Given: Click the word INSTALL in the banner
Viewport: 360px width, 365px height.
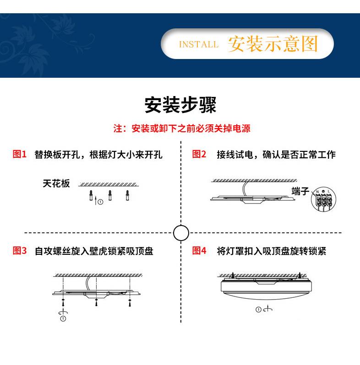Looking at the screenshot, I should [x=198, y=44].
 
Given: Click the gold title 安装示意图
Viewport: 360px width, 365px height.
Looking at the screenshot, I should [x=273, y=44].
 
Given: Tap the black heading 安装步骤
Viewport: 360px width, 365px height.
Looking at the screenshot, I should [x=180, y=105].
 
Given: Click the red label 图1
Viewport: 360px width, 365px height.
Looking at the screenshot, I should [x=20, y=154].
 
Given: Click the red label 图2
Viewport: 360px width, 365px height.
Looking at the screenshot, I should [x=199, y=154].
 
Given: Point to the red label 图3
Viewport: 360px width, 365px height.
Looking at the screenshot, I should [x=20, y=251].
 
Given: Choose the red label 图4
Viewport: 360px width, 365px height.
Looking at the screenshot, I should [x=199, y=251].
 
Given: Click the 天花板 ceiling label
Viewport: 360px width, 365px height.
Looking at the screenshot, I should [x=56, y=183].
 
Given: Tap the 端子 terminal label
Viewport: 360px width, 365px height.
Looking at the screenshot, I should [x=300, y=191].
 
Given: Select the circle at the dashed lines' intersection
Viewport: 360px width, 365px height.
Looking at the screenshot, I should [x=181, y=233].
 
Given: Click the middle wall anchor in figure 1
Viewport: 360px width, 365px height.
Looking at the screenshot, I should [x=110, y=195].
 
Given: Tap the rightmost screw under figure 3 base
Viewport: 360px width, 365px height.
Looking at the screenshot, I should [x=130, y=302].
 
